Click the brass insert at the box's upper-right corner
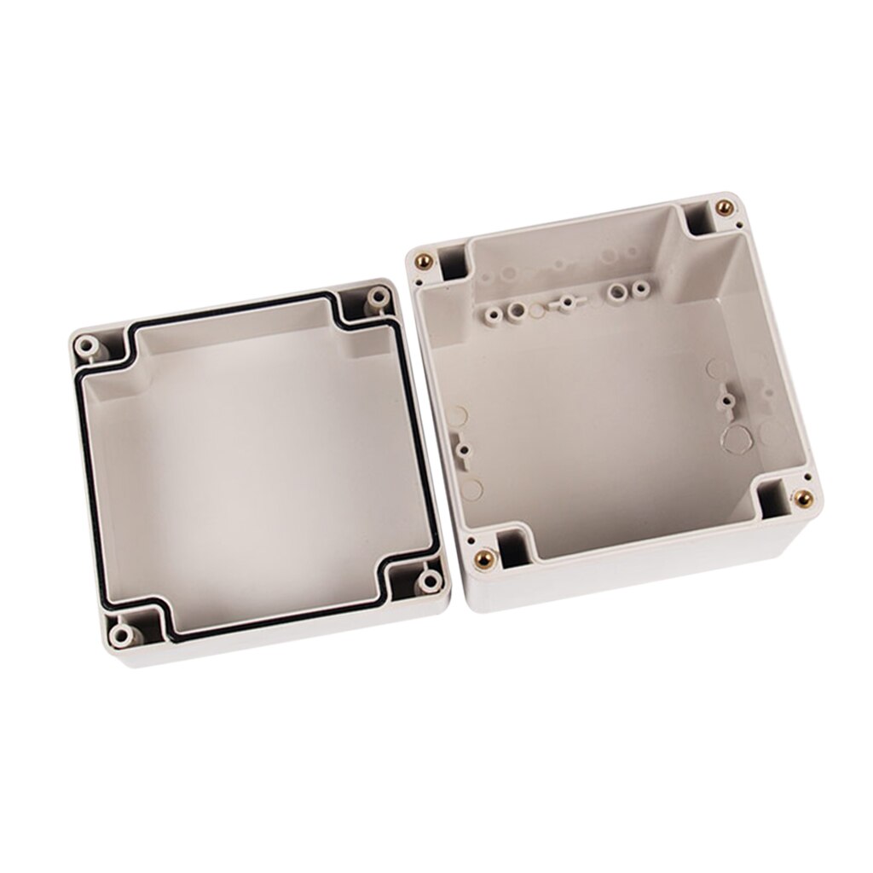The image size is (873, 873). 724,207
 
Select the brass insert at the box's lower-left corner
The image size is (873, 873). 484,559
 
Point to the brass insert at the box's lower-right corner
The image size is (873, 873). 801,498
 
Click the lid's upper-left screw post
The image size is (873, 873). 85,347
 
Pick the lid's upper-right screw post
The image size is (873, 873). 376,298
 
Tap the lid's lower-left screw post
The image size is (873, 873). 124,633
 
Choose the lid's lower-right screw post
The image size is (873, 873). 429,582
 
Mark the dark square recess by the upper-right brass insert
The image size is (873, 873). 698,221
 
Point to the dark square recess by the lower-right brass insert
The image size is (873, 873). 772,500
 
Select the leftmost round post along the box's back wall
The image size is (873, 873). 492,315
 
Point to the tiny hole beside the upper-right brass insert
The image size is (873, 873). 739,226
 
